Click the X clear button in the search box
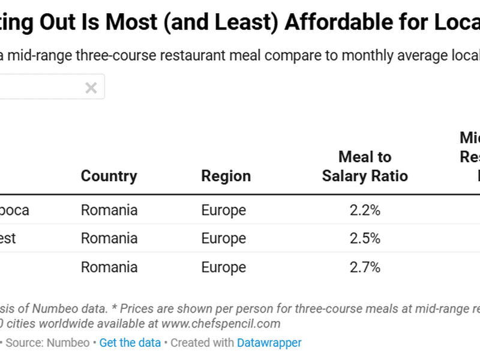click(91, 88)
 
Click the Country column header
click(109, 176)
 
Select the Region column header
click(226, 176)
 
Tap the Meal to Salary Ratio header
click(365, 166)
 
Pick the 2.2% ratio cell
click(365, 211)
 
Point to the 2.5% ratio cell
click(365, 238)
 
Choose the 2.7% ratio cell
click(365, 267)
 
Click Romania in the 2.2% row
click(109, 211)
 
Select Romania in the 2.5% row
click(109, 238)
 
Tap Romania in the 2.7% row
click(109, 267)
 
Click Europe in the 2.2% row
click(223, 211)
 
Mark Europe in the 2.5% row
click(223, 238)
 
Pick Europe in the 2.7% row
click(223, 267)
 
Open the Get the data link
click(130, 343)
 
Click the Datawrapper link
click(269, 343)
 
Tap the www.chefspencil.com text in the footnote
click(221, 324)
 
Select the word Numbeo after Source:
click(71, 343)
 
